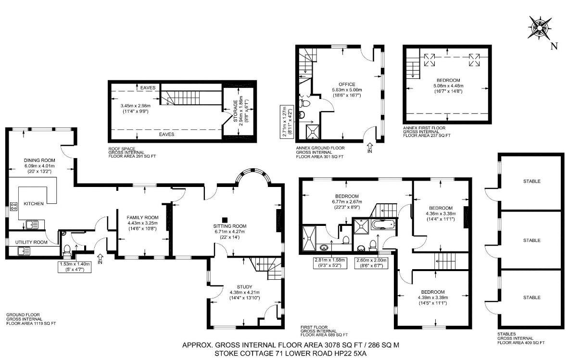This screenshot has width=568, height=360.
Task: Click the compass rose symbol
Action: tap(539, 27)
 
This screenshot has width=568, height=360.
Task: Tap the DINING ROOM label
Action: tap(39, 161)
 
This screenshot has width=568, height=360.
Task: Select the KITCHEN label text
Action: tap(34, 204)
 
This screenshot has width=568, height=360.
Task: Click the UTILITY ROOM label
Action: tap(31, 242)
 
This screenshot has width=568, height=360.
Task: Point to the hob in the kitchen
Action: tap(14, 207)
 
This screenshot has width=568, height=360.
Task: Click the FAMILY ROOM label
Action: tap(142, 218)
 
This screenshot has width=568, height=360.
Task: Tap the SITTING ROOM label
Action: tap(230, 226)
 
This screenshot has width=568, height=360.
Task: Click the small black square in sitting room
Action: tap(225, 220)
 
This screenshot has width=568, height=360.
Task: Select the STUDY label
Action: tap(244, 287)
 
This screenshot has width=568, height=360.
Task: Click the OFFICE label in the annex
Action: tap(347, 85)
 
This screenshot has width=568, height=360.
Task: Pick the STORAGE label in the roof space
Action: tap(236, 111)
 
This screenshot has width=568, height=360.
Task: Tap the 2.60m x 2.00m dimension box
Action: tap(372, 262)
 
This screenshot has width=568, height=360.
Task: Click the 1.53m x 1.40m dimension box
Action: tap(75, 267)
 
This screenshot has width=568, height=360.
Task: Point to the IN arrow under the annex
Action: tap(369, 148)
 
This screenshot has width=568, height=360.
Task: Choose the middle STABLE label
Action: tap(532, 240)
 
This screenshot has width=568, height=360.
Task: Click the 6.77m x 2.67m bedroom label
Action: tap(347, 202)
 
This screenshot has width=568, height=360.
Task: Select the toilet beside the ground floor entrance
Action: tap(67, 249)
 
